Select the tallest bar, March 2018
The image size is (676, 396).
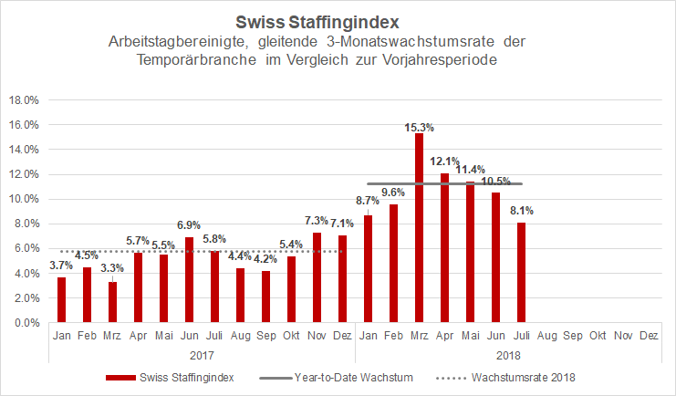point(419,228)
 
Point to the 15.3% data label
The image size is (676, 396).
point(419,127)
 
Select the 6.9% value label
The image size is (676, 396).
point(188,224)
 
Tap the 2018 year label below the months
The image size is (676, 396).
point(507,354)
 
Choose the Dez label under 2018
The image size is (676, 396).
point(649,336)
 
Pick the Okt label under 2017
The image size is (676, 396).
point(291,336)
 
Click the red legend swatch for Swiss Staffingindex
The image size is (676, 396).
point(123,378)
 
